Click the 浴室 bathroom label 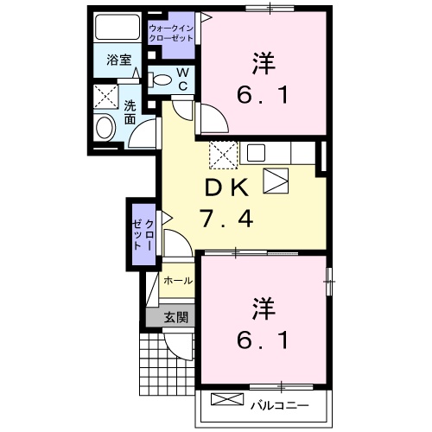pyautogui.click(x=118, y=60)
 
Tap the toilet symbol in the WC pyautogui.click(x=161, y=79)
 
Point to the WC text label pyautogui.click(x=183, y=79)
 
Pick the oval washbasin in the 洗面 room pyautogui.click(x=105, y=129)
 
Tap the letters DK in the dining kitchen pyautogui.click(x=227, y=187)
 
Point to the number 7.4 pyautogui.click(x=227, y=219)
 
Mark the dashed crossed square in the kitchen pyautogui.click(x=222, y=156)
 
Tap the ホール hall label pyautogui.click(x=178, y=281)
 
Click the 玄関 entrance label pyautogui.click(x=176, y=317)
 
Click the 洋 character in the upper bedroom pyautogui.click(x=265, y=65)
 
